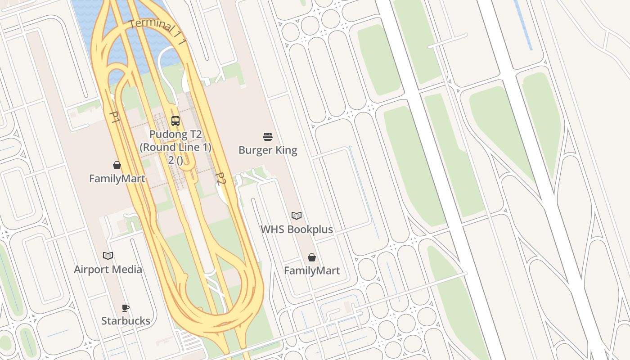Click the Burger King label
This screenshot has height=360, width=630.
(x=268, y=150)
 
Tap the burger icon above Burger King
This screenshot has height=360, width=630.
(x=268, y=136)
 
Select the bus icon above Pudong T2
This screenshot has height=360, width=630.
(x=175, y=121)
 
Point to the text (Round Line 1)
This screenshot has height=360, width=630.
(x=175, y=147)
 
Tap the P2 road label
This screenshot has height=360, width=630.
(x=220, y=178)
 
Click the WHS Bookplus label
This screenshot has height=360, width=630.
(x=297, y=229)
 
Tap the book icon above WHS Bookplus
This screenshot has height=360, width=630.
(x=297, y=216)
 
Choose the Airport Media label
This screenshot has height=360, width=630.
(x=108, y=269)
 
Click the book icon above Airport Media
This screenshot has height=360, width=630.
(x=108, y=256)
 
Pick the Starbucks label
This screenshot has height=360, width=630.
(x=126, y=320)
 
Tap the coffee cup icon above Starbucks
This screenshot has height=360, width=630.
(x=126, y=308)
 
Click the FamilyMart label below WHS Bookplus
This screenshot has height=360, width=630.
(x=312, y=270)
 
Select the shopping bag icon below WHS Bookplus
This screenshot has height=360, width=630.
(x=312, y=257)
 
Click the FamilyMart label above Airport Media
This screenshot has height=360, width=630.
(x=117, y=179)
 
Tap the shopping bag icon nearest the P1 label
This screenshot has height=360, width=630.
(x=117, y=165)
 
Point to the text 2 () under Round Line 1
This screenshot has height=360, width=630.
(x=175, y=159)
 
